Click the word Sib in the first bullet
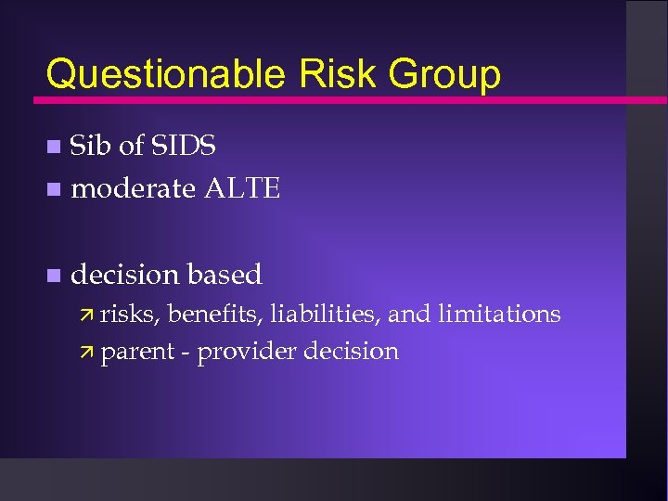click(x=90, y=146)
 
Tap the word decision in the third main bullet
click(x=125, y=275)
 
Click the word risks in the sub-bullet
click(x=131, y=315)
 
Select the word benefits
click(x=215, y=315)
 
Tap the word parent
click(x=137, y=352)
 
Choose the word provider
click(x=247, y=352)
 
